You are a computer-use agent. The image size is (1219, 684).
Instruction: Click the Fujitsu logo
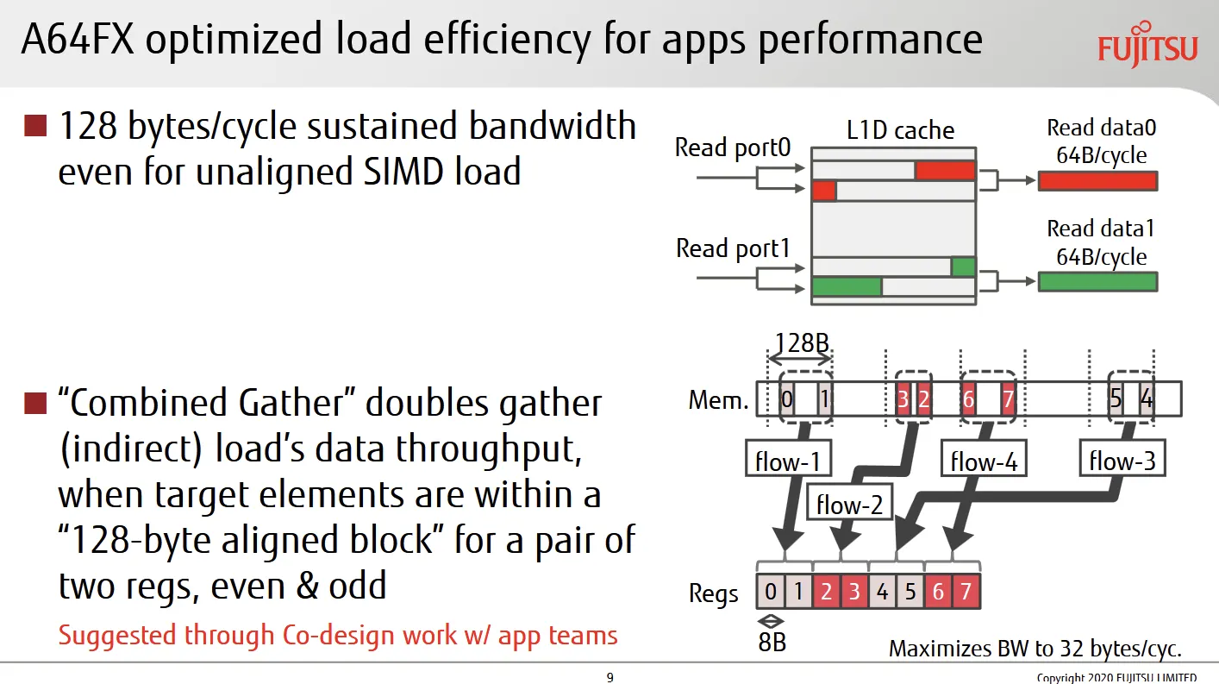pos(1147,45)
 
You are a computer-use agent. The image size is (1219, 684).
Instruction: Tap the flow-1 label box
pos(788,459)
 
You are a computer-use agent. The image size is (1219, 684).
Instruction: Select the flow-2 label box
pos(849,501)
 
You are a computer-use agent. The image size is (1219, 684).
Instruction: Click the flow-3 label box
pos(1122,457)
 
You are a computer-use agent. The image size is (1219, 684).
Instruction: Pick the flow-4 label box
pos(984,459)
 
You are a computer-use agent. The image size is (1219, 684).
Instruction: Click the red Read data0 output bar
pos(1097,181)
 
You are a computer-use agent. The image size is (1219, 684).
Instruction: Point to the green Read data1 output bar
pos(1097,282)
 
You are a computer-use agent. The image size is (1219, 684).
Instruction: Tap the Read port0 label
pos(733,147)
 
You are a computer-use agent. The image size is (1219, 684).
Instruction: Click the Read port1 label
pos(733,248)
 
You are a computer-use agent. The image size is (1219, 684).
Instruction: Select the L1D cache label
pos(900,130)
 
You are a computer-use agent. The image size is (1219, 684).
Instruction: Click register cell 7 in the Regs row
pos(966,592)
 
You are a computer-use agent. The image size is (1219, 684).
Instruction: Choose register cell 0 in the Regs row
pos(771,592)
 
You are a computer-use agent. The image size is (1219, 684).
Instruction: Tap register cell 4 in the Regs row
pos(882,592)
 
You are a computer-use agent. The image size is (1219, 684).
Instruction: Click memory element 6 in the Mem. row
pos(968,399)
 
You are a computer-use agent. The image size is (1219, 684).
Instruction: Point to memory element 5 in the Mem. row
pos(1116,399)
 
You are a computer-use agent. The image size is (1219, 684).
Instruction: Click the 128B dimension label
pos(802,343)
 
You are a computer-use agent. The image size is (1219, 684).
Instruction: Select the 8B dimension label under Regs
pos(772,643)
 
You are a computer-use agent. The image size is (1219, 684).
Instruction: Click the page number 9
pos(610,677)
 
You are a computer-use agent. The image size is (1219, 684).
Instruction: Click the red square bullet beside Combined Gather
pos(35,403)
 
